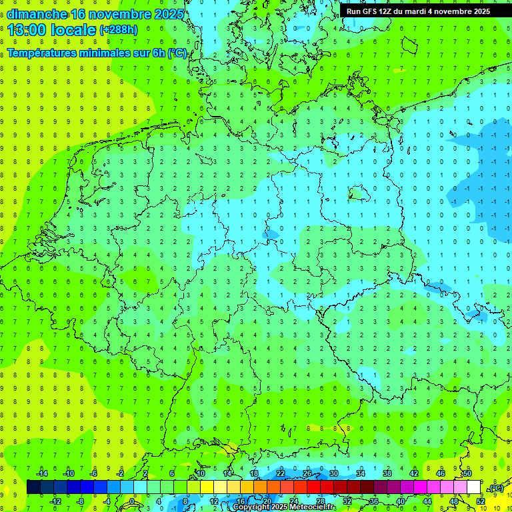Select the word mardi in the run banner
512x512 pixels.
[x=418, y=11]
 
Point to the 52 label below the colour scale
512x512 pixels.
[x=481, y=501]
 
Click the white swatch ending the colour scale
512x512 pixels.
[x=474, y=487]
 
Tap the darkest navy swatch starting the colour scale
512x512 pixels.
[x=33, y=487]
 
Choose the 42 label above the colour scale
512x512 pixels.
[x=414, y=473]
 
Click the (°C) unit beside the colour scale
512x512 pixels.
[x=496, y=488]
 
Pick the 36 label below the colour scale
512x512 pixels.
[x=374, y=501]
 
